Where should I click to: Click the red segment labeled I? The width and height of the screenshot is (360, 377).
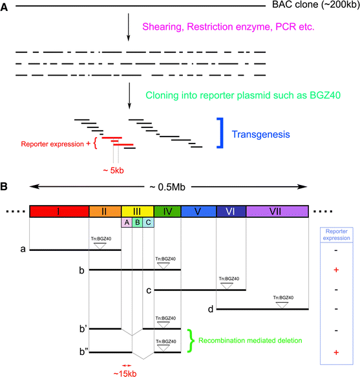[x=59, y=211]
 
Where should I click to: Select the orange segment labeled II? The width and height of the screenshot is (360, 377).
[x=105, y=211]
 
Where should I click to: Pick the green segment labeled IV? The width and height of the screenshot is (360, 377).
[x=167, y=211]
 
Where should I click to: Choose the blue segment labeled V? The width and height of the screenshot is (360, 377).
[x=198, y=211]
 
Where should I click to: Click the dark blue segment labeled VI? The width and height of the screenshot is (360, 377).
[x=231, y=211]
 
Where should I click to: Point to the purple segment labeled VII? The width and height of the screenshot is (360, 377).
[x=276, y=211]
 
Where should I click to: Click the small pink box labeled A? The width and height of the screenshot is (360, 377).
[x=127, y=222]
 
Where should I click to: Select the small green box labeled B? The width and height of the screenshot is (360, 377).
[x=138, y=222]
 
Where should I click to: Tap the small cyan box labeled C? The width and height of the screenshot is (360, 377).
[x=149, y=222]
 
